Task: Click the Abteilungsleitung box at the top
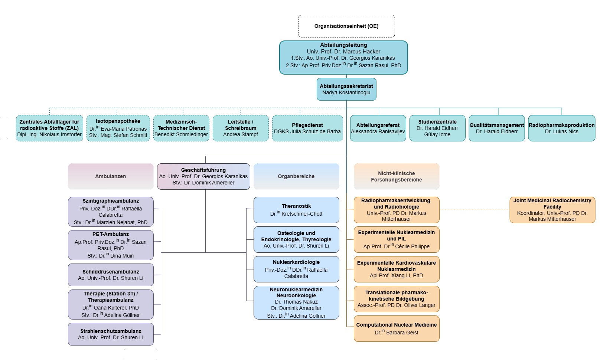[343, 58]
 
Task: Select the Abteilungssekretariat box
[346, 89]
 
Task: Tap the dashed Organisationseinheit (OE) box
[346, 26]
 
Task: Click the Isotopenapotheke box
[118, 128]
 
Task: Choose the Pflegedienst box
[307, 128]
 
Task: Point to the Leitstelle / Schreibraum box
[241, 128]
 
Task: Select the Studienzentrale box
[437, 128]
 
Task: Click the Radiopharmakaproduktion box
[561, 128]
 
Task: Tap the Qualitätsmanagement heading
[497, 125]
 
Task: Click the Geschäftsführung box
[203, 176]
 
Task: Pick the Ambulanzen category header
[111, 176]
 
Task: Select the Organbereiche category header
[296, 176]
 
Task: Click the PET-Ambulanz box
[111, 245]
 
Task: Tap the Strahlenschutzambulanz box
[111, 334]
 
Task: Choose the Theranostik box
[296, 210]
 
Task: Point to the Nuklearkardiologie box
[296, 269]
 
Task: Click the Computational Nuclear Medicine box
[397, 328]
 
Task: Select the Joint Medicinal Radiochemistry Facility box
[552, 210]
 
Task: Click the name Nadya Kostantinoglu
[346, 92]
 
